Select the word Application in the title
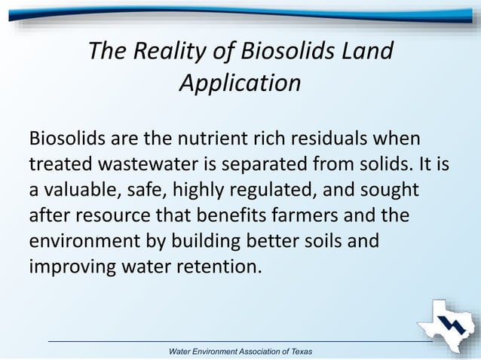pos(240,83)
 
